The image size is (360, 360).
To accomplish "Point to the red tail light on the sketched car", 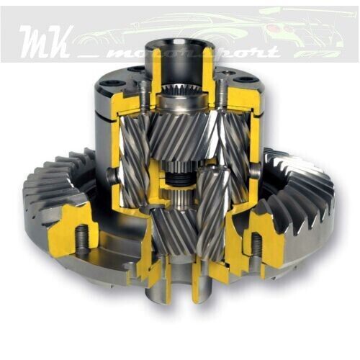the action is pos(272,27).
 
